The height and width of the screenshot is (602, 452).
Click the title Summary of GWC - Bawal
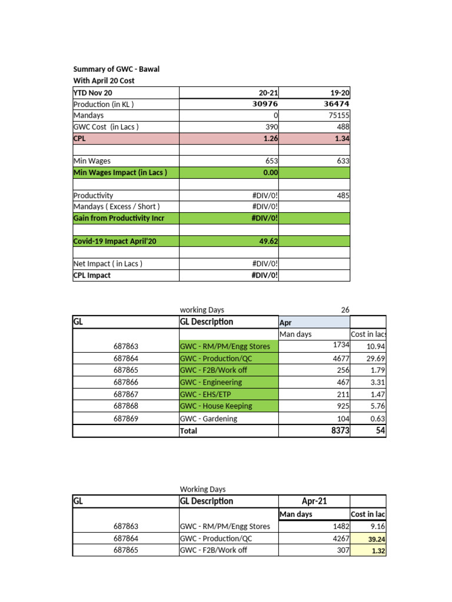click(116, 69)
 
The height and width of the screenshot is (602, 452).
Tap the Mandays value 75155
click(338, 116)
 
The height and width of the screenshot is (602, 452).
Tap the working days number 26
click(345, 310)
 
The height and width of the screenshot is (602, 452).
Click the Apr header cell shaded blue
click(314, 323)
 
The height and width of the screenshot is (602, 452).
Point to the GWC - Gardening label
click(208, 419)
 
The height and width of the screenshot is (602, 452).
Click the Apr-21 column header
click(314, 501)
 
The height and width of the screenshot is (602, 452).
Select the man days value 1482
click(340, 526)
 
